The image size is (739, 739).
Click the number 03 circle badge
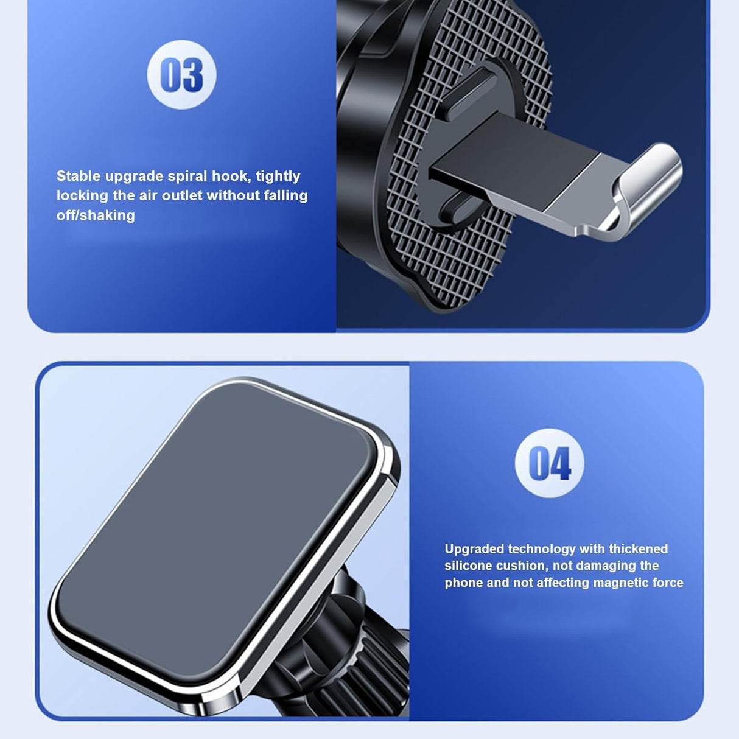click(181, 75)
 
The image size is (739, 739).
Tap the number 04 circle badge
click(549, 463)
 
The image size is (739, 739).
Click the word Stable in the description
click(79, 176)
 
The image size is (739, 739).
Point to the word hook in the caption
click(231, 176)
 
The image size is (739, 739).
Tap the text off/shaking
click(96, 215)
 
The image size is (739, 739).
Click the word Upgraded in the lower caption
click(474, 549)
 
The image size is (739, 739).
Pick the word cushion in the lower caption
click(522, 566)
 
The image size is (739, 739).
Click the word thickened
click(638, 549)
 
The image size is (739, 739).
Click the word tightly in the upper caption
click(278, 176)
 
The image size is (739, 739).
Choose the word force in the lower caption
click(667, 583)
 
